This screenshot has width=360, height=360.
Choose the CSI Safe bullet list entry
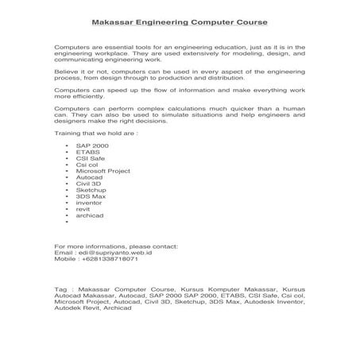pos(90,161)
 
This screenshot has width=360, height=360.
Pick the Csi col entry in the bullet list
pos(87,167)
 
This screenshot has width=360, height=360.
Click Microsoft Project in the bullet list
pos(103,173)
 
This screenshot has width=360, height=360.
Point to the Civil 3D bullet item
pos(89,186)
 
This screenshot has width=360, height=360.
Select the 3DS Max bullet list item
pos(90,199)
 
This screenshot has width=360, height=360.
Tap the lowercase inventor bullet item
pos(88,205)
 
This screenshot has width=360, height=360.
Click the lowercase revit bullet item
pos(83,211)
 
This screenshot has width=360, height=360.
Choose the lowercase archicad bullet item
pos(89,218)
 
